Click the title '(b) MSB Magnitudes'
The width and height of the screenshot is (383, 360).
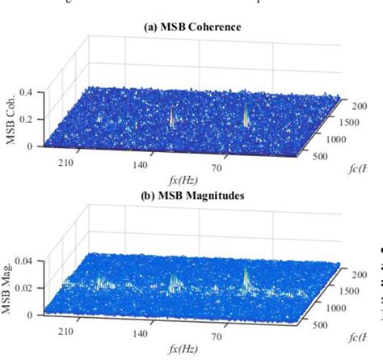click(x=191, y=194)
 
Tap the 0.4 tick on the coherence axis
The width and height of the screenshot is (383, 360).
click(x=26, y=92)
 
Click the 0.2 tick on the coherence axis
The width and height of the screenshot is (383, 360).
click(x=26, y=119)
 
